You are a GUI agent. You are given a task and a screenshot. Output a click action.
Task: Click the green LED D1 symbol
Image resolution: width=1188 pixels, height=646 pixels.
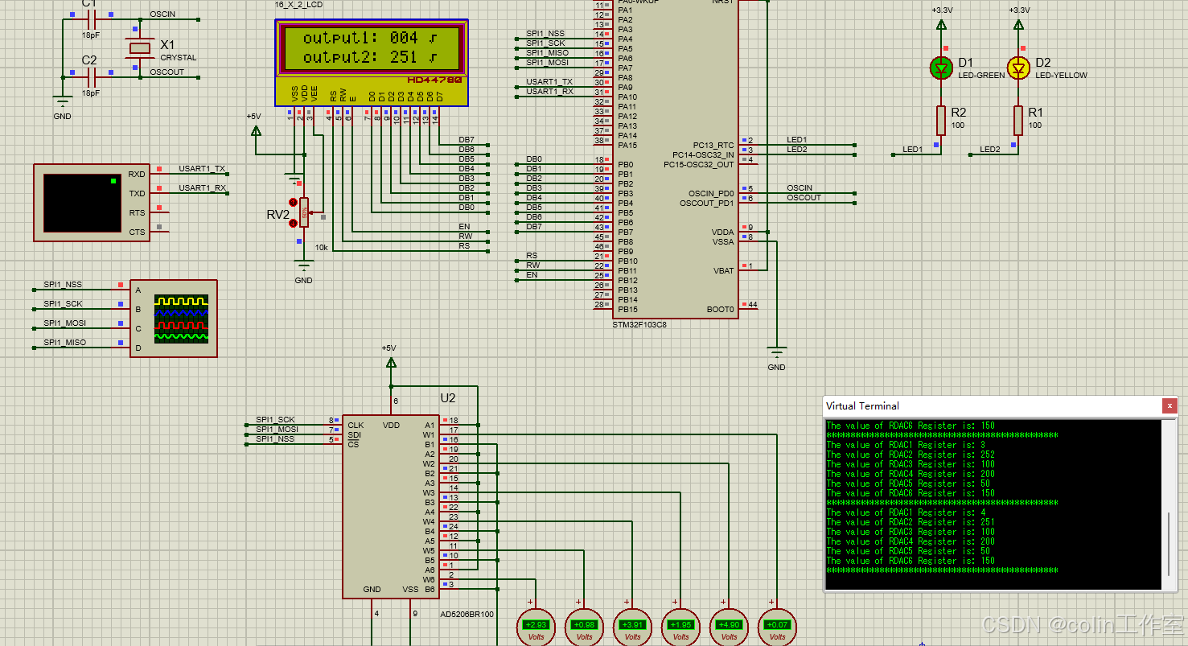(x=941, y=68)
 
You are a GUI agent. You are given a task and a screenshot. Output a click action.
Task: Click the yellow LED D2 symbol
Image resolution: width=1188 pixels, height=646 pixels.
(x=1018, y=68)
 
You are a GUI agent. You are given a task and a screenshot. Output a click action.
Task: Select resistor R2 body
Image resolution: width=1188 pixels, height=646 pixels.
(x=940, y=120)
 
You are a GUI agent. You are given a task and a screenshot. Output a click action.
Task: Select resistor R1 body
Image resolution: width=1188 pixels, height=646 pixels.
(x=1018, y=120)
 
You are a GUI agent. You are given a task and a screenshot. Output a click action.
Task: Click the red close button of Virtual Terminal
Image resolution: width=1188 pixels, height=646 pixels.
(x=1170, y=406)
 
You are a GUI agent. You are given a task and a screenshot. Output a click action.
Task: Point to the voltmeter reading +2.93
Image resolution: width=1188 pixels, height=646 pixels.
(x=536, y=624)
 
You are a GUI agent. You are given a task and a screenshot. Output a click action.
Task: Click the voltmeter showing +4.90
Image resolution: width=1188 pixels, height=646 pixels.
(x=729, y=624)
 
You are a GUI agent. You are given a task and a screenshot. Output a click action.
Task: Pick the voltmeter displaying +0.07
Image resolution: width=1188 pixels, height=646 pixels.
(x=777, y=624)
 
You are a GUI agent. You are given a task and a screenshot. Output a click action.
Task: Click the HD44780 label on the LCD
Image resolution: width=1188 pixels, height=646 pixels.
(x=434, y=80)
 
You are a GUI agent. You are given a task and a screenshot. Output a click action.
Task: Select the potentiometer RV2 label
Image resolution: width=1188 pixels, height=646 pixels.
(x=277, y=215)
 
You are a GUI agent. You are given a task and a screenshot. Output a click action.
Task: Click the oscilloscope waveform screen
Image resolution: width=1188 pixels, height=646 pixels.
(x=181, y=319)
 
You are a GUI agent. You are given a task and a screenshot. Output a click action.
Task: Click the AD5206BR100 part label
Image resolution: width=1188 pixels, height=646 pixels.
(x=467, y=614)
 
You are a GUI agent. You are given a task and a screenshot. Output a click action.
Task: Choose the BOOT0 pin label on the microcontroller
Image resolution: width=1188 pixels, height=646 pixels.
(x=720, y=309)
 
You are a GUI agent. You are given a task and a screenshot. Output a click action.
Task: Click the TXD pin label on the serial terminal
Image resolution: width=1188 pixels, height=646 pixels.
(x=137, y=194)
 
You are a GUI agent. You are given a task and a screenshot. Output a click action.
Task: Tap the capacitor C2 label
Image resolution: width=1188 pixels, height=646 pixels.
(x=89, y=60)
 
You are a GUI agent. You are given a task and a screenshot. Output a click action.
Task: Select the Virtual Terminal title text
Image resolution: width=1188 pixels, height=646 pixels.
(x=862, y=406)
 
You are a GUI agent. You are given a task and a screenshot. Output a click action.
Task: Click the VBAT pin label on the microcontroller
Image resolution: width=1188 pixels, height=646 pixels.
(x=724, y=270)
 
